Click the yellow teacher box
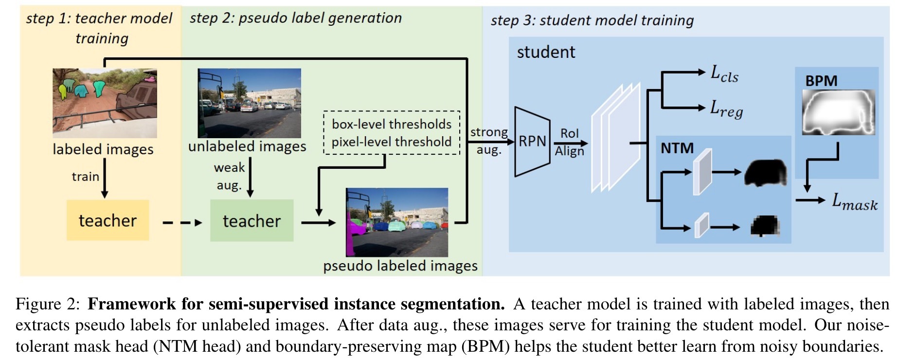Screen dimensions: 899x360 coord(108,220)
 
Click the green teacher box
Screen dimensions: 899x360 coord(252,221)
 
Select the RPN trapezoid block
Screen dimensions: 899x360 coord(532,141)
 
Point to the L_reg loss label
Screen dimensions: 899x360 coord(726,109)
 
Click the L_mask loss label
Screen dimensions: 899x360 coord(855,201)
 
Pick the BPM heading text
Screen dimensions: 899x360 coord(821,81)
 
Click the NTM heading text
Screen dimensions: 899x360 coord(677,148)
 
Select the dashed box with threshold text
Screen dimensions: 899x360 coord(392,133)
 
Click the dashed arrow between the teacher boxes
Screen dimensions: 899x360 coord(182,223)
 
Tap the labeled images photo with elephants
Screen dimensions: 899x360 coord(105,103)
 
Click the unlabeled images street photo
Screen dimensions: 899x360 coord(249,103)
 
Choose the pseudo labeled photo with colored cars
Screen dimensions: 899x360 coord(397,222)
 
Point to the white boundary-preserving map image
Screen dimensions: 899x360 coord(838,112)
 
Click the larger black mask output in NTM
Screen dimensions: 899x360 coord(766,173)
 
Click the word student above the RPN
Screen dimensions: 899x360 coord(546,52)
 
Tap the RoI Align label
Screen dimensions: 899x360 coord(570,142)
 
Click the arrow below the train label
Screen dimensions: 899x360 coord(105,178)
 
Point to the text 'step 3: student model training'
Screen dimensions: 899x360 coord(592,20)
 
